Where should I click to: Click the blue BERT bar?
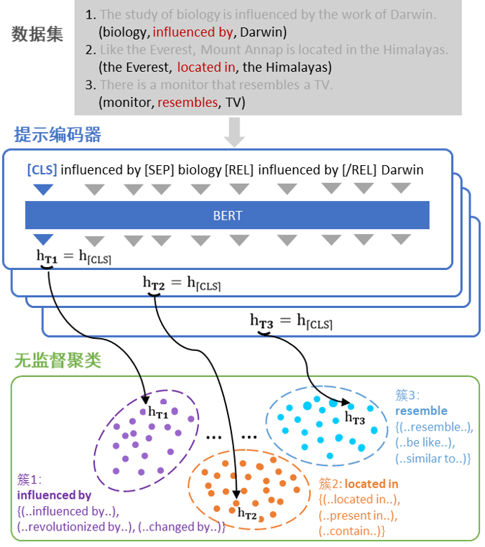pyautogui.click(x=227, y=215)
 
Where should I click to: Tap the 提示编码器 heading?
pyautogui.click(x=57, y=135)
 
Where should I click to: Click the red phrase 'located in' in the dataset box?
pyautogui.click(x=206, y=67)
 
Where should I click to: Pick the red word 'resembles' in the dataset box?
pyautogui.click(x=188, y=103)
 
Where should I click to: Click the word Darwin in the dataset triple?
pyautogui.click(x=264, y=32)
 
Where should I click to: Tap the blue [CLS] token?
pyautogui.click(x=42, y=170)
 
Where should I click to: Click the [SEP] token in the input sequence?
pyautogui.click(x=159, y=170)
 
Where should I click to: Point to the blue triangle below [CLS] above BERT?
pyautogui.click(x=43, y=190)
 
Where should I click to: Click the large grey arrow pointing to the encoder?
pyautogui.click(x=235, y=131)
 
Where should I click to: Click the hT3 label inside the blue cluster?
pyautogui.click(x=355, y=417)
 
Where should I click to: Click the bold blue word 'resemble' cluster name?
pyautogui.click(x=421, y=411)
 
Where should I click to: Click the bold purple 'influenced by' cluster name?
pyautogui.click(x=54, y=495)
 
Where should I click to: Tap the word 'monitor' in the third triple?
pyautogui.click(x=126, y=103)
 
